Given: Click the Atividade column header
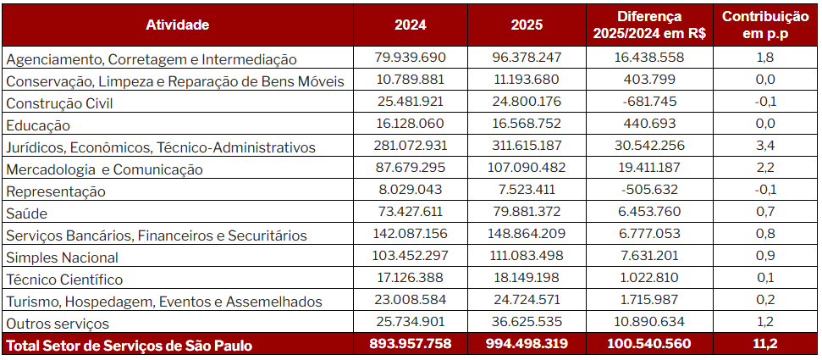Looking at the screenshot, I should click(x=178, y=25).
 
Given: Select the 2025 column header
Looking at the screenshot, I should click(x=527, y=25).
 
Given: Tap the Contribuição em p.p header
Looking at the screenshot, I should click(x=764, y=25).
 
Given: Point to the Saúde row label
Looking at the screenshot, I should click(x=27, y=213).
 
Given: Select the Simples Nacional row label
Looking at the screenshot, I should click(x=62, y=258).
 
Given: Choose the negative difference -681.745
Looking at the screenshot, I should click(x=650, y=102).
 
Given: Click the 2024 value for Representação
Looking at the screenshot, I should click(x=410, y=190).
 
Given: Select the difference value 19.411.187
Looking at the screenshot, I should click(x=650, y=168).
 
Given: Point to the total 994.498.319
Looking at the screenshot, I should click(x=527, y=344).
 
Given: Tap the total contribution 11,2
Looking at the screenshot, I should click(x=764, y=344).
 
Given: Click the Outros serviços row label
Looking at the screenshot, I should click(x=58, y=324).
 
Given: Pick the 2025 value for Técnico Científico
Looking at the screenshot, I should click(x=527, y=278).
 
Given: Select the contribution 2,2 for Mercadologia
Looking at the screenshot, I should click(x=764, y=168).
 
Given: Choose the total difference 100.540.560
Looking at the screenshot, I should click(x=650, y=344).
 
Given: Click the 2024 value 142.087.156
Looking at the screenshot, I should click(x=410, y=234).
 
